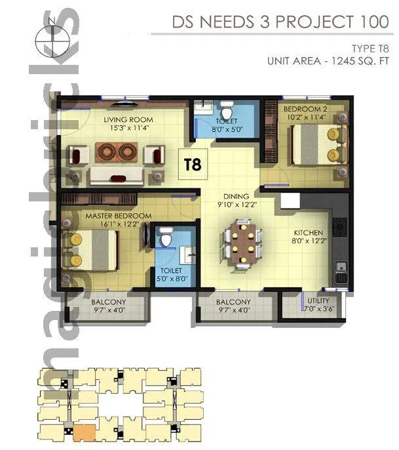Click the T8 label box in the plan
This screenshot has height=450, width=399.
point(192,163)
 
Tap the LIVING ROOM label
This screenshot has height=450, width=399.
point(129,120)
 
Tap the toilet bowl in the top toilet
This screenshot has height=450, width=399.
point(226,108)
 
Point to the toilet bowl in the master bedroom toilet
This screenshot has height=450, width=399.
point(166,239)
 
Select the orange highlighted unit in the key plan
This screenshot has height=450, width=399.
point(83,432)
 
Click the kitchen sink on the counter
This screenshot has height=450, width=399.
point(340,268)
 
